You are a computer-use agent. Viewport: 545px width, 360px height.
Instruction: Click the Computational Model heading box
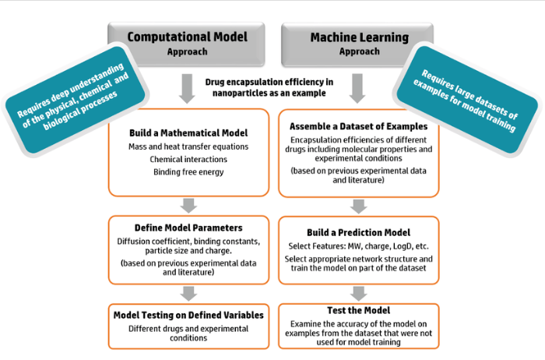click(x=186, y=43)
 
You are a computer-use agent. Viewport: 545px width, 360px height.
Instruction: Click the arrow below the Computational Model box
click(x=187, y=88)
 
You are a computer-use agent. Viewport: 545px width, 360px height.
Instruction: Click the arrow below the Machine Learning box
click(x=357, y=88)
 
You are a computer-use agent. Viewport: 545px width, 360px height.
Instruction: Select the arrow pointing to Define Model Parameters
click(x=188, y=206)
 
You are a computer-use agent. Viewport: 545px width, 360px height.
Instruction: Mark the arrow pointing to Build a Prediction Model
click(x=357, y=206)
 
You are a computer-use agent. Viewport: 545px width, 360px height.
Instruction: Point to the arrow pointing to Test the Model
click(x=357, y=292)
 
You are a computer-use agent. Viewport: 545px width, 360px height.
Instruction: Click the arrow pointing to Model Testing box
click(x=188, y=292)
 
